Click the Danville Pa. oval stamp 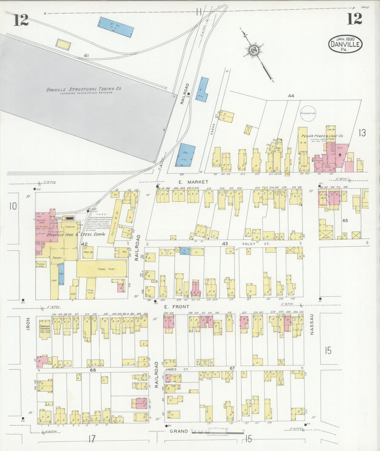pyautogui.click(x=345, y=44)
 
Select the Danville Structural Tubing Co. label pyautogui.click(x=84, y=89)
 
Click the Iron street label pyautogui.click(x=28, y=324)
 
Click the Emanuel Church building pyautogui.click(x=45, y=327)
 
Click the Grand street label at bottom pyautogui.click(x=179, y=431)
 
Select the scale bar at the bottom pyautogui.click(x=217, y=432)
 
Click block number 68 pyautogui.click(x=93, y=370)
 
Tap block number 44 pyautogui.click(x=291, y=96)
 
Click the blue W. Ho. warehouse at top pyautogui.click(x=116, y=27)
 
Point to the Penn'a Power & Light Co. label pyautogui.click(x=322, y=136)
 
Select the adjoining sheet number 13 pyautogui.click(x=362, y=133)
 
